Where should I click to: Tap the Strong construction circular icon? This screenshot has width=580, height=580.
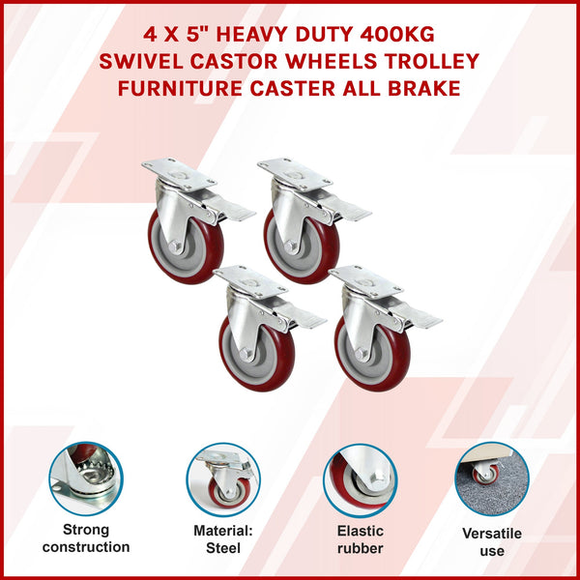tap(86, 477)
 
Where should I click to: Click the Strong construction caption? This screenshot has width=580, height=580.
tap(86, 538)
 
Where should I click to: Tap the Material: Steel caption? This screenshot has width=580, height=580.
tap(223, 538)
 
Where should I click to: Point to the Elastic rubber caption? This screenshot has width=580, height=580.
tap(360, 539)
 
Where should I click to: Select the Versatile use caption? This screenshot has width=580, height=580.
tap(491, 541)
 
